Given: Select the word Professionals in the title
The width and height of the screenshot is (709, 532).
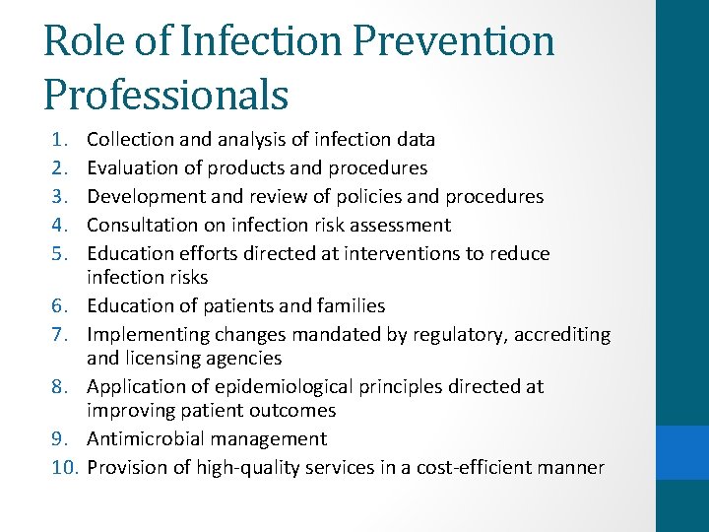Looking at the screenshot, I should coord(165,97).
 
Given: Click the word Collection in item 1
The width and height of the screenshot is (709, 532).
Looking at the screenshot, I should coord(134,141).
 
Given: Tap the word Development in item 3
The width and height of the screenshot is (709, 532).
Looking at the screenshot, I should coord(145,196).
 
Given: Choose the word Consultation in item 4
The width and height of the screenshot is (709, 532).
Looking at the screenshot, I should coord(142,225).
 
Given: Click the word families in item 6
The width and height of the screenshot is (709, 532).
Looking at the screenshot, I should coord(349,306).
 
